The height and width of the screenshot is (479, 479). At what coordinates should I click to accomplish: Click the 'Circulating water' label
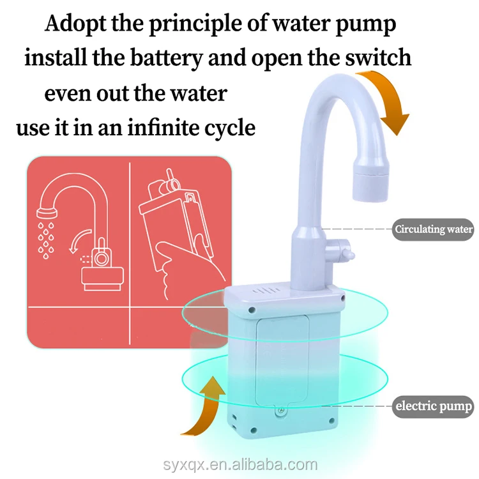tap(433, 229)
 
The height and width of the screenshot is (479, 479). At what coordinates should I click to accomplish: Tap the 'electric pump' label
tap(433, 406)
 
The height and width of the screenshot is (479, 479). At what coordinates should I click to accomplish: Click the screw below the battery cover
tap(280, 411)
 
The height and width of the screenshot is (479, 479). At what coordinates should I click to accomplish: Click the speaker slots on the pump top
tap(266, 290)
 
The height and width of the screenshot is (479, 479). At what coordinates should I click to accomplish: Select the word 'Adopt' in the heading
tap(75, 24)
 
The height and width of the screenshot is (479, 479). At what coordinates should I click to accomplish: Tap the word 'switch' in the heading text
tap(378, 57)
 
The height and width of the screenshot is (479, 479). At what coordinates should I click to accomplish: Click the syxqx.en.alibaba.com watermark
tap(240, 465)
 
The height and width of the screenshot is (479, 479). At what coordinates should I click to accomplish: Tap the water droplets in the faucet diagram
tap(46, 240)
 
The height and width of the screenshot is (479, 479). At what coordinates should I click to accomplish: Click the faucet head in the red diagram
tap(47, 211)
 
